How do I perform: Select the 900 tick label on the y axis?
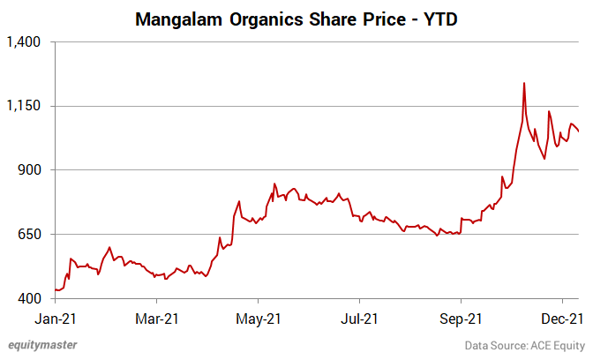pyautogui.click(x=31, y=169)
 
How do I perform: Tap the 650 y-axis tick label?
pyautogui.click(x=31, y=234)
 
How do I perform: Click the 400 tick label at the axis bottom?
pyautogui.click(x=31, y=298)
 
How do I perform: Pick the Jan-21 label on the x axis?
pyautogui.click(x=54, y=317)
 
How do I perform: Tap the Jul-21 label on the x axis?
pyautogui.click(x=362, y=317)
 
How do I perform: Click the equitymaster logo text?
pyautogui.click(x=42, y=344)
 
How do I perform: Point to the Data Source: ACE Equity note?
pyautogui.click(x=524, y=344)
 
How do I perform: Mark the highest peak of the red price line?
pyautogui.click(x=524, y=83)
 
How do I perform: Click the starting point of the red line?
pyautogui.click(x=55, y=289)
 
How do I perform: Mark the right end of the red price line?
pyautogui.click(x=579, y=132)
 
